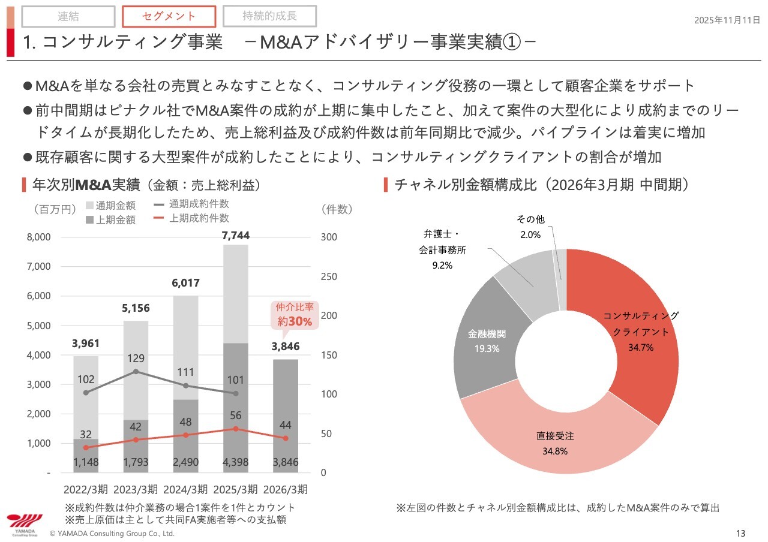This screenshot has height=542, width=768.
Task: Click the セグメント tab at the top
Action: tap(169, 17)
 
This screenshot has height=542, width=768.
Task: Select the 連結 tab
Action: tap(68, 17)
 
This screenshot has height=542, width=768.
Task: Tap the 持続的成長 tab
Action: tap(269, 16)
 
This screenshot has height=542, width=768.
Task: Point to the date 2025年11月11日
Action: tap(727, 20)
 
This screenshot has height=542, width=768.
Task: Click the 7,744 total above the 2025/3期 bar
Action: tap(236, 236)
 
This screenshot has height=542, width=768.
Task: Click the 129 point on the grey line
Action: tap(136, 371)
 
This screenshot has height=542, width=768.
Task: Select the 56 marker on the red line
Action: tap(236, 429)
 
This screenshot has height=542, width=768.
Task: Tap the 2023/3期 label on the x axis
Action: tap(136, 488)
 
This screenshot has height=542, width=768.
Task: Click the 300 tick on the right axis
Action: tap(329, 237)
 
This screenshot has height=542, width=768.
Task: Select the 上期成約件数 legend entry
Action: tap(191, 218)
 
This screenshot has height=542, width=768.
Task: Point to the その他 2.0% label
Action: tap(530, 227)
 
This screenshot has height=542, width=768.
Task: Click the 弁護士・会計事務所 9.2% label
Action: tap(443, 249)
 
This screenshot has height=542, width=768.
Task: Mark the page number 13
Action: tap(740, 533)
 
